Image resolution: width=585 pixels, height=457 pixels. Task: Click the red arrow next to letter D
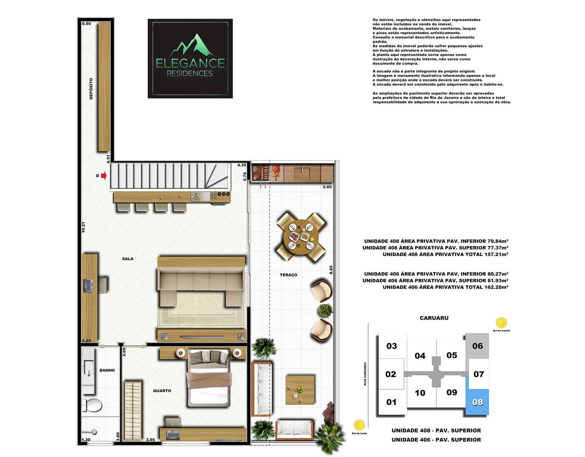click(104, 175)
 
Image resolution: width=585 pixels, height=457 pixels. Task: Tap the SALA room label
click(128, 259)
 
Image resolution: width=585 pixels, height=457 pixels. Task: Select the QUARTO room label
click(162, 391)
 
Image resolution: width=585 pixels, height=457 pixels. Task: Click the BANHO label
click(107, 370)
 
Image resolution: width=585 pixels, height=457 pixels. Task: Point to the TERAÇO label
click(289, 275)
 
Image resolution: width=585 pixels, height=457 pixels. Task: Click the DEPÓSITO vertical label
click(91, 89)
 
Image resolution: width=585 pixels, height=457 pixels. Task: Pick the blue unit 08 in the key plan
click(477, 402)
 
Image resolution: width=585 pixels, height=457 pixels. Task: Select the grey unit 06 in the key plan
click(477, 346)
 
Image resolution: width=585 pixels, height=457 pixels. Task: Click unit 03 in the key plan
click(392, 346)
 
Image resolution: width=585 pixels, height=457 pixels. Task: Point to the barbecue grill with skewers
click(261, 173)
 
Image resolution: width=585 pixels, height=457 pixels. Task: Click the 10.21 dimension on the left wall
click(83, 228)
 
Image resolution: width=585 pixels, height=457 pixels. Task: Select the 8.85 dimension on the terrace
click(331, 270)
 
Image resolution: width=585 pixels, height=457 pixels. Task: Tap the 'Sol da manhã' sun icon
click(501, 323)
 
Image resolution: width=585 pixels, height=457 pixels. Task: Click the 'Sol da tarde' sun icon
click(359, 425)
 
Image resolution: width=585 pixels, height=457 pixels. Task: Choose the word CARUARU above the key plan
click(434, 318)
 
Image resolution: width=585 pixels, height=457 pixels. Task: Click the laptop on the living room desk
click(88, 285)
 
